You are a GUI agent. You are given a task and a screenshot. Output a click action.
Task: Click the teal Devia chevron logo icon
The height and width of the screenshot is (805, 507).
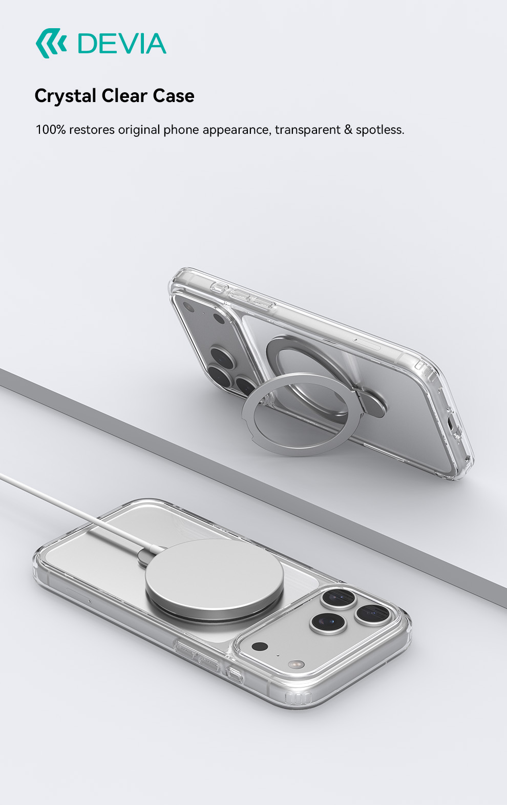coord(51,43)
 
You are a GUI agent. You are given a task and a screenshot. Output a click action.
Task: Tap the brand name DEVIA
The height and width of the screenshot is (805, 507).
coord(122,44)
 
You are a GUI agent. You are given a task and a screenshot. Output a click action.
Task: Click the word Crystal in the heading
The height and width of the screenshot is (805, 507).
coord(66,96)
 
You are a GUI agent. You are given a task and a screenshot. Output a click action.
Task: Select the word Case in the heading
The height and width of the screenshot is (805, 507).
coord(174,96)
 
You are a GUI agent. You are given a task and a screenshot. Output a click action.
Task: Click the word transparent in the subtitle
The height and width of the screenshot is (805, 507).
coord(308,130)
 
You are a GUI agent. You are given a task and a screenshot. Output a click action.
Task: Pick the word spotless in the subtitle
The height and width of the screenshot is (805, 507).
coord(380,130)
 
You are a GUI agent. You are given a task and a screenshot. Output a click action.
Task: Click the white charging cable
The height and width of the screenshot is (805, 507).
coord(72,510)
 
